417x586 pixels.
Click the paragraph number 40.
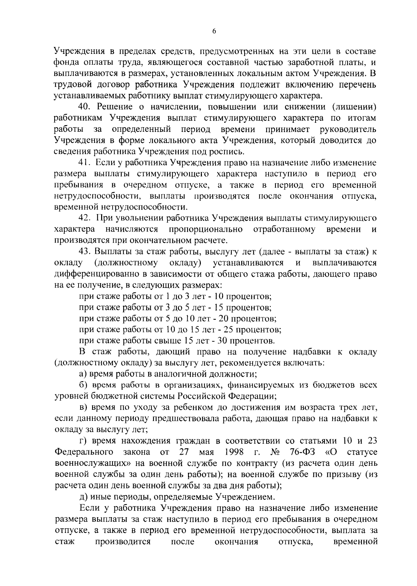tap(84, 107)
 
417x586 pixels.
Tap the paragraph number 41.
tap(84, 163)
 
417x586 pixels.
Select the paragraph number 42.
tap(85, 218)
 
